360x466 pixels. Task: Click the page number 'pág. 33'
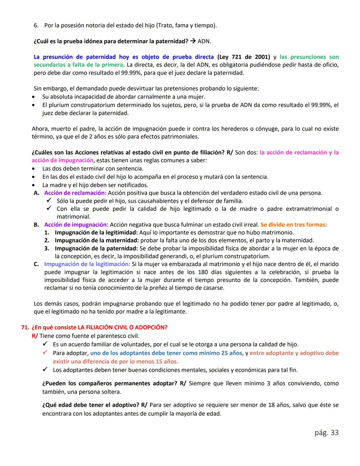[326, 433]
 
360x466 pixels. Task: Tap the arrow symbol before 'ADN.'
[193, 41]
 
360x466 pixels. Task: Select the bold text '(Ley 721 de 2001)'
[243, 57]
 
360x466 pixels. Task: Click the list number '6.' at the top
[36, 25]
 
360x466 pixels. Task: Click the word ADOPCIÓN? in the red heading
[150, 327]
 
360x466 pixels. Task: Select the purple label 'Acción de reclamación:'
[75, 193]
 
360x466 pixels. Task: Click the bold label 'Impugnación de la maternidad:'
[97, 240]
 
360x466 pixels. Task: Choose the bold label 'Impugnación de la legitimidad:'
[96, 232]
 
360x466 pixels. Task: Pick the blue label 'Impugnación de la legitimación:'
[87, 264]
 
